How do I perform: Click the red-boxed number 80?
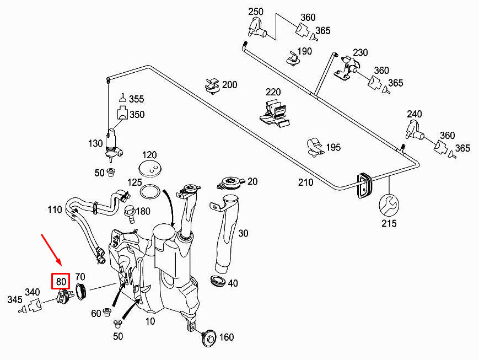point(61,281)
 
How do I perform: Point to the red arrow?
point(52,251)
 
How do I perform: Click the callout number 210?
point(305,182)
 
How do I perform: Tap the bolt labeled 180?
point(130,212)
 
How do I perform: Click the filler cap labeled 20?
point(231,181)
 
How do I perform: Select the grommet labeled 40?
point(218,281)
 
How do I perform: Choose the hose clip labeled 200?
point(212,86)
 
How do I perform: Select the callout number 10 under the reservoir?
point(150,320)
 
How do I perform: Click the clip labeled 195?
point(316,146)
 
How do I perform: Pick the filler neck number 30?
point(243,233)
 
